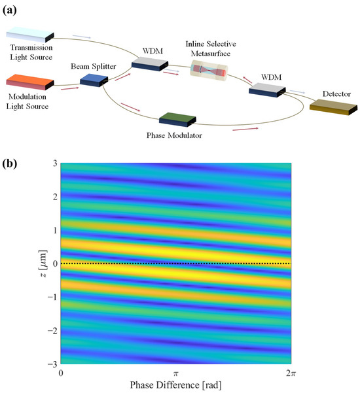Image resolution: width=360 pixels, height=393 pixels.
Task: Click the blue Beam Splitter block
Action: pyautogui.click(x=93, y=80)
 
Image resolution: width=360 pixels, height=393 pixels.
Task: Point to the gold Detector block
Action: pyautogui.click(x=333, y=106)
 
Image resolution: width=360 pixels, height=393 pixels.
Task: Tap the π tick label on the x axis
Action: pyautogui.click(x=175, y=372)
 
